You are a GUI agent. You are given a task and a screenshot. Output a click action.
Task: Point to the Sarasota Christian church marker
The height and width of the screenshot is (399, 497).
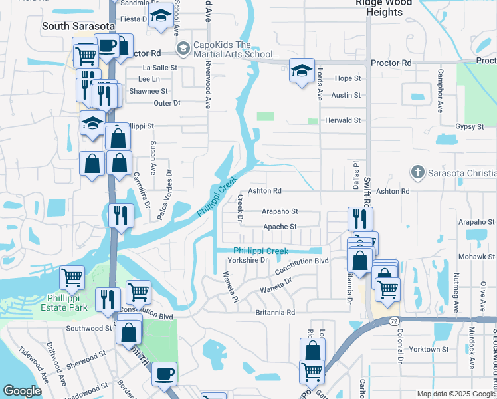(417, 172)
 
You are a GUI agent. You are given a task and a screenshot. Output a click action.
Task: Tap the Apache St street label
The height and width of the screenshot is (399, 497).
(280, 227)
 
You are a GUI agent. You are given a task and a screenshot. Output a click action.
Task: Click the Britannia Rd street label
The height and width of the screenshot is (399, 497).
(274, 312)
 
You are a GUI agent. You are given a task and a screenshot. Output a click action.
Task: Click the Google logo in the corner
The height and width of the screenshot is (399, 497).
(22, 391)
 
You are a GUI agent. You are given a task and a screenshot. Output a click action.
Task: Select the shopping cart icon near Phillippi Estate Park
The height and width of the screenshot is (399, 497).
(72, 277)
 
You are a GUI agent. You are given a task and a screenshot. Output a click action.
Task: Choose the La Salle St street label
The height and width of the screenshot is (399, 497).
(160, 68)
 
